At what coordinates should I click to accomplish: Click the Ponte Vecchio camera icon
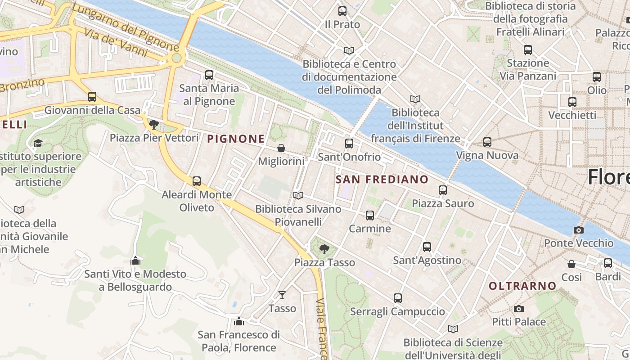click(579, 230)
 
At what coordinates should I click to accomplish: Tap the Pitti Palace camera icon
click(519, 309)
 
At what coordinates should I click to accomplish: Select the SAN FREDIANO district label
click(382, 180)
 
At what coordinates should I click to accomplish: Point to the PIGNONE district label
click(236, 139)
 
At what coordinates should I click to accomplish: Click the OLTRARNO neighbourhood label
click(522, 286)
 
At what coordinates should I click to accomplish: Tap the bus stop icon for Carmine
click(370, 216)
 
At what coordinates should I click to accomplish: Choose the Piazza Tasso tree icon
click(324, 249)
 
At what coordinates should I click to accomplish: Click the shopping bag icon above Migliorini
click(281, 148)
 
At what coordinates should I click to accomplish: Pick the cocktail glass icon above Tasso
click(282, 295)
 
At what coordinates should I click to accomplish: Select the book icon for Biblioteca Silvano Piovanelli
click(298, 195)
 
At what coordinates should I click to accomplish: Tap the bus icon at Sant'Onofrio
click(349, 144)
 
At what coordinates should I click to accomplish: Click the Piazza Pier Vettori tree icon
click(154, 124)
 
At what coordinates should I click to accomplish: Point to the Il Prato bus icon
click(342, 11)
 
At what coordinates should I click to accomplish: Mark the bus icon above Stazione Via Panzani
click(528, 50)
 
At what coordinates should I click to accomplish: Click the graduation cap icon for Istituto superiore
click(38, 143)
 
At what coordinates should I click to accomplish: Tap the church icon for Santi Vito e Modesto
click(135, 261)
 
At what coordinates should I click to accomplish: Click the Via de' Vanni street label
click(116, 43)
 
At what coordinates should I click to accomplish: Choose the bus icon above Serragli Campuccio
click(398, 298)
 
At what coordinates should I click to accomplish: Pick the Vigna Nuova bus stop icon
click(487, 142)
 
